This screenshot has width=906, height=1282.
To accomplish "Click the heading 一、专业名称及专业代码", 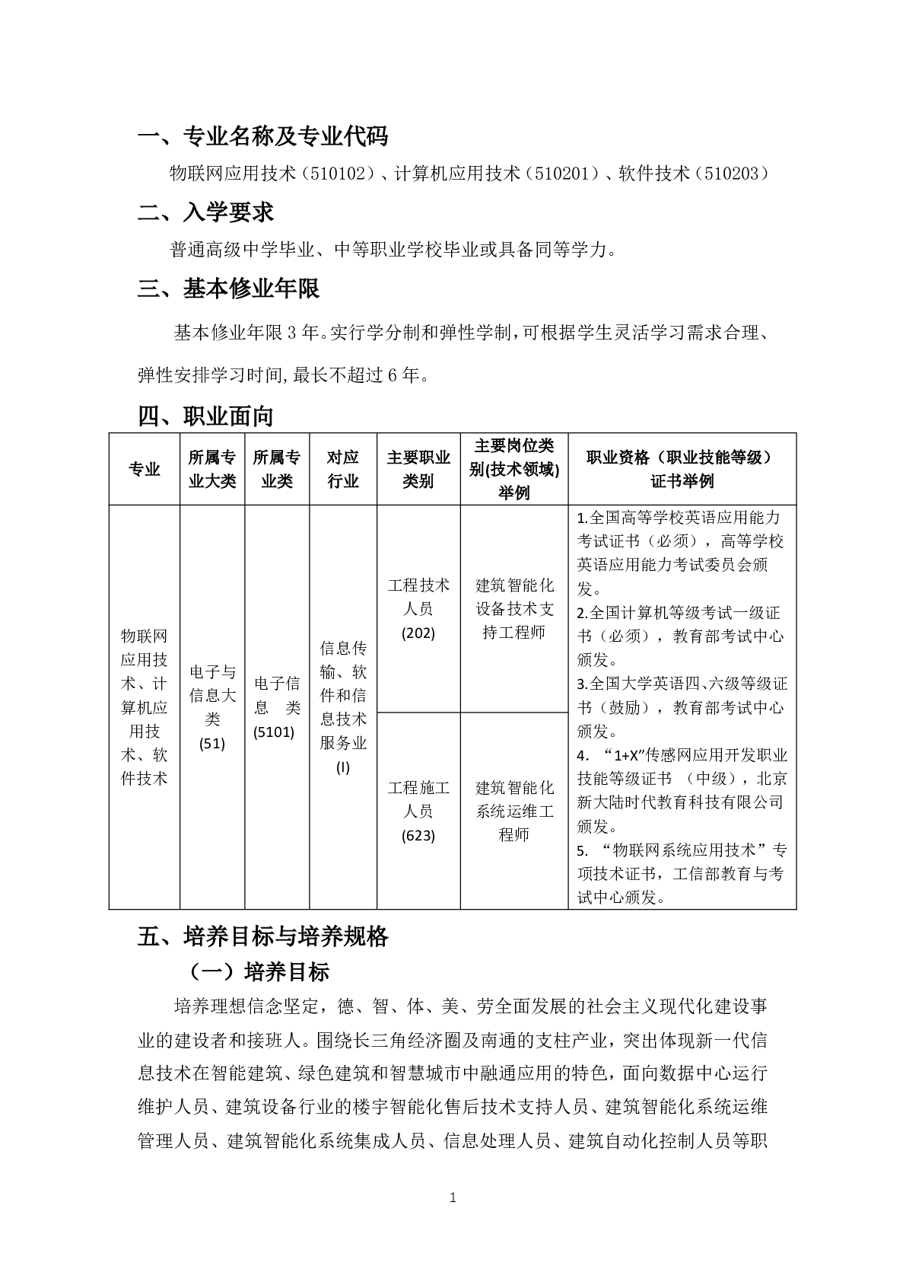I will tap(262, 136).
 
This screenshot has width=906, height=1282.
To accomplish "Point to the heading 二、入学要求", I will tap(205, 212).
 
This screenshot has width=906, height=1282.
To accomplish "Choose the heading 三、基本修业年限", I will tap(228, 289).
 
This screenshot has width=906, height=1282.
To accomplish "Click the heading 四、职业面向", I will tap(205, 416).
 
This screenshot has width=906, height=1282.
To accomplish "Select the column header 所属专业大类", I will tap(212, 469).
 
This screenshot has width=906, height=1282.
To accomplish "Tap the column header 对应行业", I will tap(343, 469).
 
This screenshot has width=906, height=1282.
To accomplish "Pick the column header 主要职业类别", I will tap(418, 469).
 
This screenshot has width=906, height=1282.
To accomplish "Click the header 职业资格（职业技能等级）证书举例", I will tap(682, 469).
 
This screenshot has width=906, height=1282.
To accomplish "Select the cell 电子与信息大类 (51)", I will tap(212, 707).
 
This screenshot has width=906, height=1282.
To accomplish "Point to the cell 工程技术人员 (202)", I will tap(418, 609).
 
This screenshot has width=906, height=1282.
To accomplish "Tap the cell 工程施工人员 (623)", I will tap(418, 811).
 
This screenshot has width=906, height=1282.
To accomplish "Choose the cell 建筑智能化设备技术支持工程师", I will tap(514, 609).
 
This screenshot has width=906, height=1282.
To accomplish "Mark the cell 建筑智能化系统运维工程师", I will tap(514, 811).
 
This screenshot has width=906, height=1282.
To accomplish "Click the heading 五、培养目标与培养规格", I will tap(263, 936).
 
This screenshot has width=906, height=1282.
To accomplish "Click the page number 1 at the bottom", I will tap(453, 1197).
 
